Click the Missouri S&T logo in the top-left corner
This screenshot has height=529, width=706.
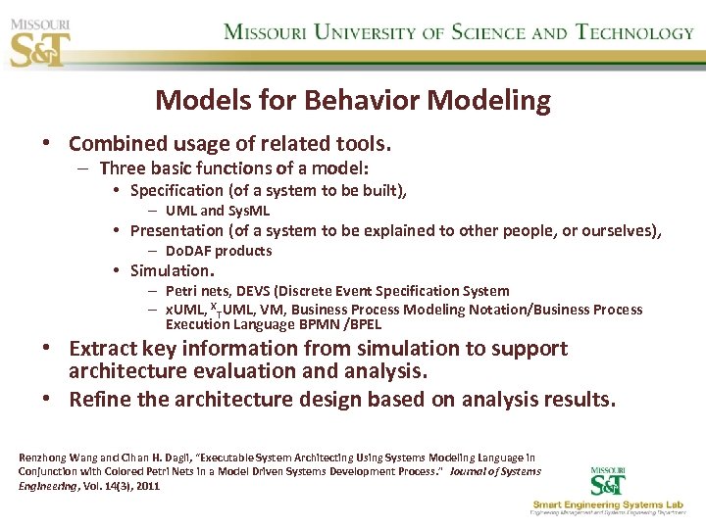pyautogui.click(x=40, y=40)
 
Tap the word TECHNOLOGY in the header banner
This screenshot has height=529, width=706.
pyautogui.click(x=634, y=32)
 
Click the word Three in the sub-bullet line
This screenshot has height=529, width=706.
pyautogui.click(x=123, y=168)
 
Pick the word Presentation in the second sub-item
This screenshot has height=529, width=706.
pyautogui.click(x=176, y=230)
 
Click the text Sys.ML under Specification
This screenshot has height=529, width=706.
pyautogui.click(x=249, y=211)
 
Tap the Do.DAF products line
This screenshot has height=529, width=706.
pyautogui.click(x=219, y=251)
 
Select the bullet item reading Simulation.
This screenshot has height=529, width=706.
pyautogui.click(x=172, y=270)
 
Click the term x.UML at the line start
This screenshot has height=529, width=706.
pyautogui.click(x=184, y=310)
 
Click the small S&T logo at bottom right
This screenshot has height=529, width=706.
pyautogui.click(x=611, y=481)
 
